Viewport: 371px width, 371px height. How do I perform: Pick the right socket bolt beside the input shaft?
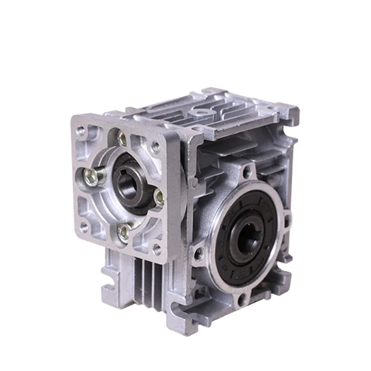(159, 198)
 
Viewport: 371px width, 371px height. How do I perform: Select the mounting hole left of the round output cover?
(199, 253)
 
